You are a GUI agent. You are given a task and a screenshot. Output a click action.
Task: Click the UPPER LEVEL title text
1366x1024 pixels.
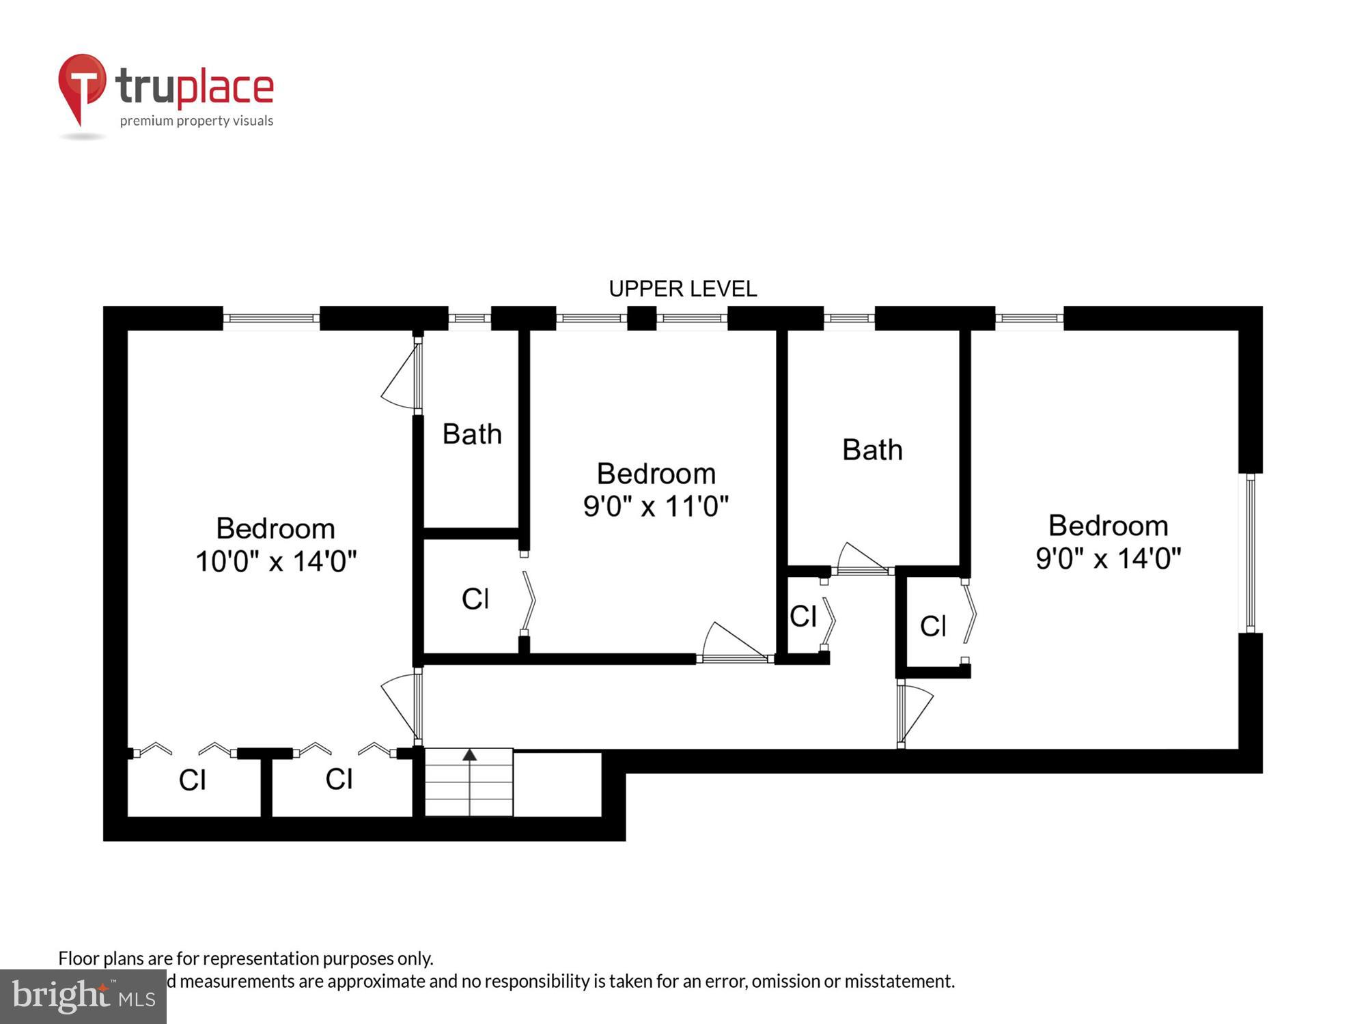pos(682,289)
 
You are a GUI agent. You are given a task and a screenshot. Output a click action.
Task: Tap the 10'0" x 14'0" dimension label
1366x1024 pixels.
pos(276,561)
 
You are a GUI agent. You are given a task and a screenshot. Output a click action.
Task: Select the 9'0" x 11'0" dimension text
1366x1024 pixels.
pos(656,507)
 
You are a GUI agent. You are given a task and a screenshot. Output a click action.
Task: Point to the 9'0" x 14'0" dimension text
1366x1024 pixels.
pos(1108,558)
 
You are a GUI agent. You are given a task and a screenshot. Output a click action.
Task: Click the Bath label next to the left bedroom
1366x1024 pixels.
pos(472,434)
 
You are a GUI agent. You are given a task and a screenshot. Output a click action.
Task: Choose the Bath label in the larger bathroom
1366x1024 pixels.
pos(872,450)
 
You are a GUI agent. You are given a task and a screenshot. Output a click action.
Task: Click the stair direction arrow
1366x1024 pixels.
pos(469,755)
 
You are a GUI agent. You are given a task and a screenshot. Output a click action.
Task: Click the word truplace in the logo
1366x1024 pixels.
pos(195,87)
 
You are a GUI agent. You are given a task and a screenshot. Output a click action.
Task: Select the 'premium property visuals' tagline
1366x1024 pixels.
pos(197,121)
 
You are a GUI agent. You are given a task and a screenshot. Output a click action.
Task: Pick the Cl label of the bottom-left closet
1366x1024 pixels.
pos(192,780)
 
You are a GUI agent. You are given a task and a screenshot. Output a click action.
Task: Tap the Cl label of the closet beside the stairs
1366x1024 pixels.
pos(339,779)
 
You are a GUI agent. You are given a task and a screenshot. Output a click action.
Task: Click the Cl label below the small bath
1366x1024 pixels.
pos(475,599)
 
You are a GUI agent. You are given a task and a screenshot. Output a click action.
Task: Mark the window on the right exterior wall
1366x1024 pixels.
pos(1250,553)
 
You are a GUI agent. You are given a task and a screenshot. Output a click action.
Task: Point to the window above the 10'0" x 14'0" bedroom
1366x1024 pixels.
pos(271,318)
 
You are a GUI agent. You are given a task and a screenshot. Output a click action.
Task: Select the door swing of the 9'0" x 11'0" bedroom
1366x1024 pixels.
pos(734,642)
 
